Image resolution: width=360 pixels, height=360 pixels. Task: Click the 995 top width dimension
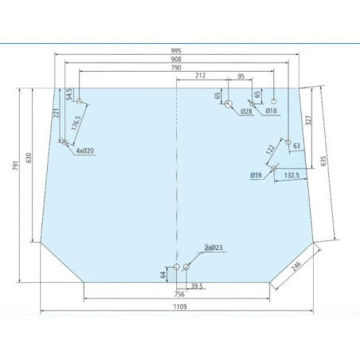176,51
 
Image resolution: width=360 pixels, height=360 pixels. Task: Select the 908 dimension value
176,59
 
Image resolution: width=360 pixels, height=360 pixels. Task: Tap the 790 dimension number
176,68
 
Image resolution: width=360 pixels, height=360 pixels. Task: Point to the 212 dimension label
201,76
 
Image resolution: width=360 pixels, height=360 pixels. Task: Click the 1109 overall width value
180,307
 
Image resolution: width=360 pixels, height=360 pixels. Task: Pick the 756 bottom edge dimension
179,294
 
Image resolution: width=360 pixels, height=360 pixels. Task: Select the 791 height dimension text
16,165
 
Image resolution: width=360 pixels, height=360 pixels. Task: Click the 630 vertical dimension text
29,158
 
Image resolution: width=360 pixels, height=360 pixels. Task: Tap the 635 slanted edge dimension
323,161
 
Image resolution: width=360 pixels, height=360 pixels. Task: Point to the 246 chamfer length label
296,266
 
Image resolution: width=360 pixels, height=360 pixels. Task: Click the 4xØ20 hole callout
85,151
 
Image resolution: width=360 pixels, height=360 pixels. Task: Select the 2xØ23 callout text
213,248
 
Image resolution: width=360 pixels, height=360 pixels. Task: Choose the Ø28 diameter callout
246,112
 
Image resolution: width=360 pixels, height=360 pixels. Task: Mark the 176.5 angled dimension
76,123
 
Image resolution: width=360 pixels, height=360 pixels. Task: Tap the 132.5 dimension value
292,175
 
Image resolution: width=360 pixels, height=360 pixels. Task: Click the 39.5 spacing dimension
197,286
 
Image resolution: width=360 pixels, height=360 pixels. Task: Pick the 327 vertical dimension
308,120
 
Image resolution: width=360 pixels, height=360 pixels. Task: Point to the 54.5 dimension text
68,94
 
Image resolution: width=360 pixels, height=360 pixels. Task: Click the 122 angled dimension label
270,150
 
